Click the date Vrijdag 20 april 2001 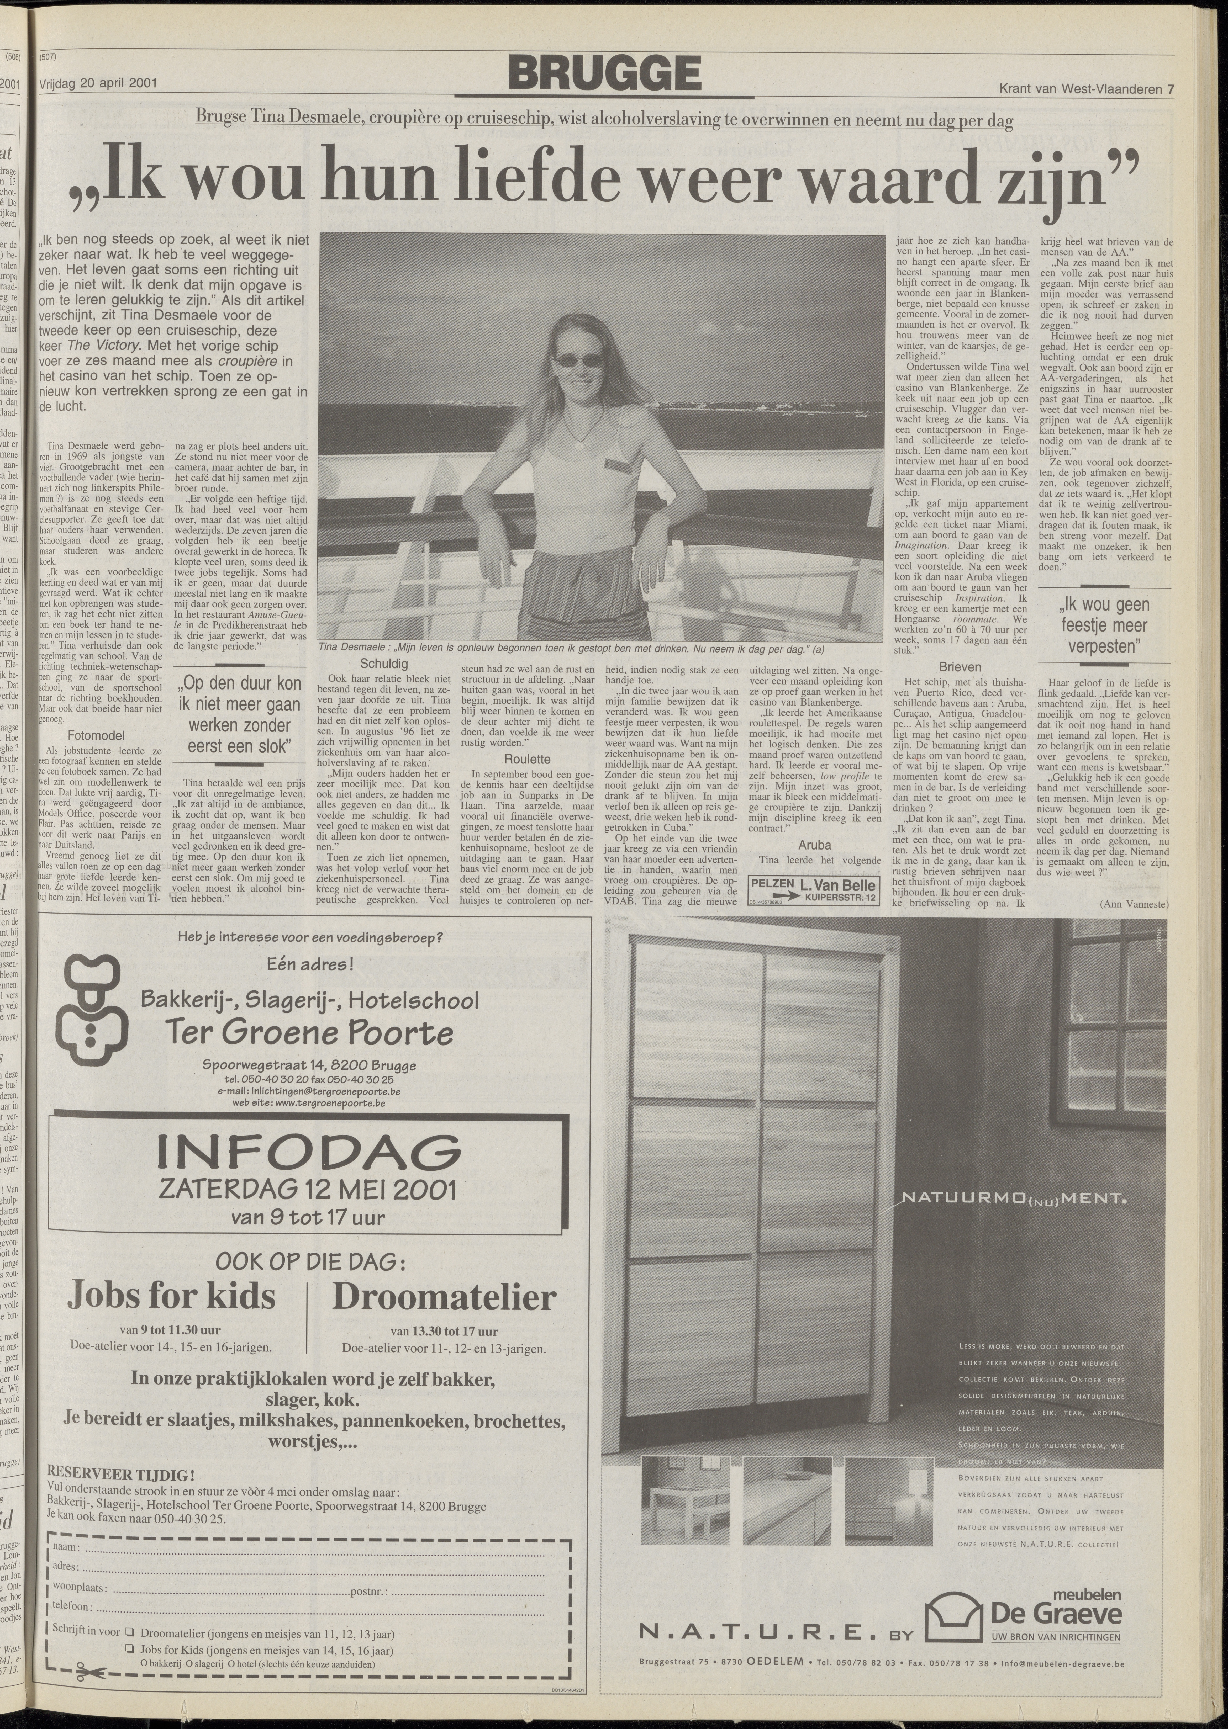click(98, 84)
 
